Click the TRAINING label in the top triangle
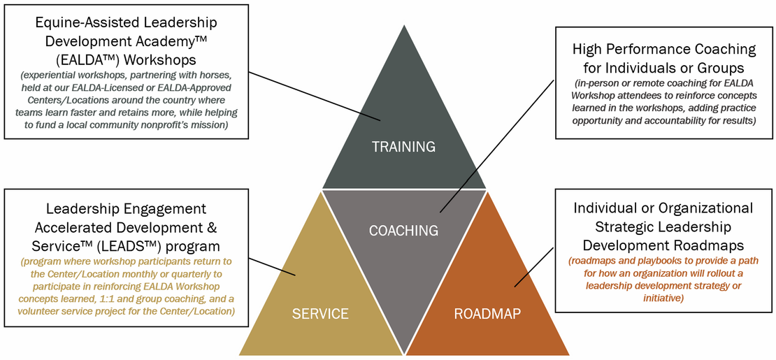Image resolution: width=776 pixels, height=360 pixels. (x=403, y=147)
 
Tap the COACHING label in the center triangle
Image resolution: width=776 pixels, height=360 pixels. (x=404, y=230)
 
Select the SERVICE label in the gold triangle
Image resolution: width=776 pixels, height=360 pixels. (x=320, y=313)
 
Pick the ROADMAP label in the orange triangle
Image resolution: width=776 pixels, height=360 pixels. (x=487, y=313)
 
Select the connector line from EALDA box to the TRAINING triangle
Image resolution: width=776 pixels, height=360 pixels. (x=314, y=96)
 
